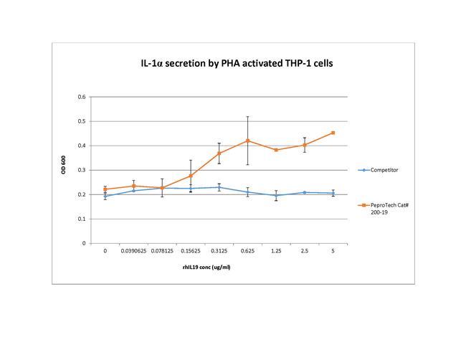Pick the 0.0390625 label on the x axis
133,252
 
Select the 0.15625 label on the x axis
190,252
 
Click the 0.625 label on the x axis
247,252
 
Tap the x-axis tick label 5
333,252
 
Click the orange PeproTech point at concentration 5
333,133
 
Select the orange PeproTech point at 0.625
247,141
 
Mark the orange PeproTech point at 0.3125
219,153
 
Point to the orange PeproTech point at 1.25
276,150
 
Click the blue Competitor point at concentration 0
105,196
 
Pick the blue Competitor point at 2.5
304,192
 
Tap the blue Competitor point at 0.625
247,192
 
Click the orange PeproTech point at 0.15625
190,176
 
